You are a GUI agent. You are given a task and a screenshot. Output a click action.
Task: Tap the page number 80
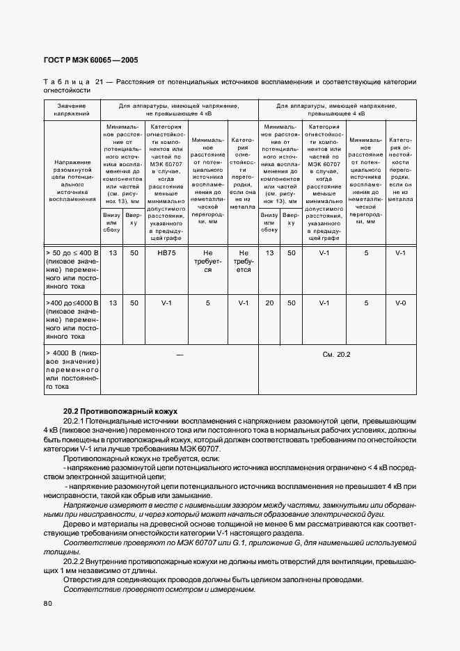click(x=48, y=604)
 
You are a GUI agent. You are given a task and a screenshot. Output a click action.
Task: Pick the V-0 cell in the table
click(x=400, y=303)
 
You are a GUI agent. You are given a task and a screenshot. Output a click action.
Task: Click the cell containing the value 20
click(x=269, y=303)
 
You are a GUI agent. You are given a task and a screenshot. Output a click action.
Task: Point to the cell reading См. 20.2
click(x=337, y=355)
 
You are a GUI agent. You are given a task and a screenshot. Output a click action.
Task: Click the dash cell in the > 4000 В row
click(x=180, y=355)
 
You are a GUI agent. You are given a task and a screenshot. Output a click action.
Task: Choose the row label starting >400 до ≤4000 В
click(x=72, y=319)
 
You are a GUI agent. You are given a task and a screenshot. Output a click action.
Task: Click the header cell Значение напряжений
click(x=72, y=109)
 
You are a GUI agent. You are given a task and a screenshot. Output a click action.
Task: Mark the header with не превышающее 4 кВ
click(x=180, y=109)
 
